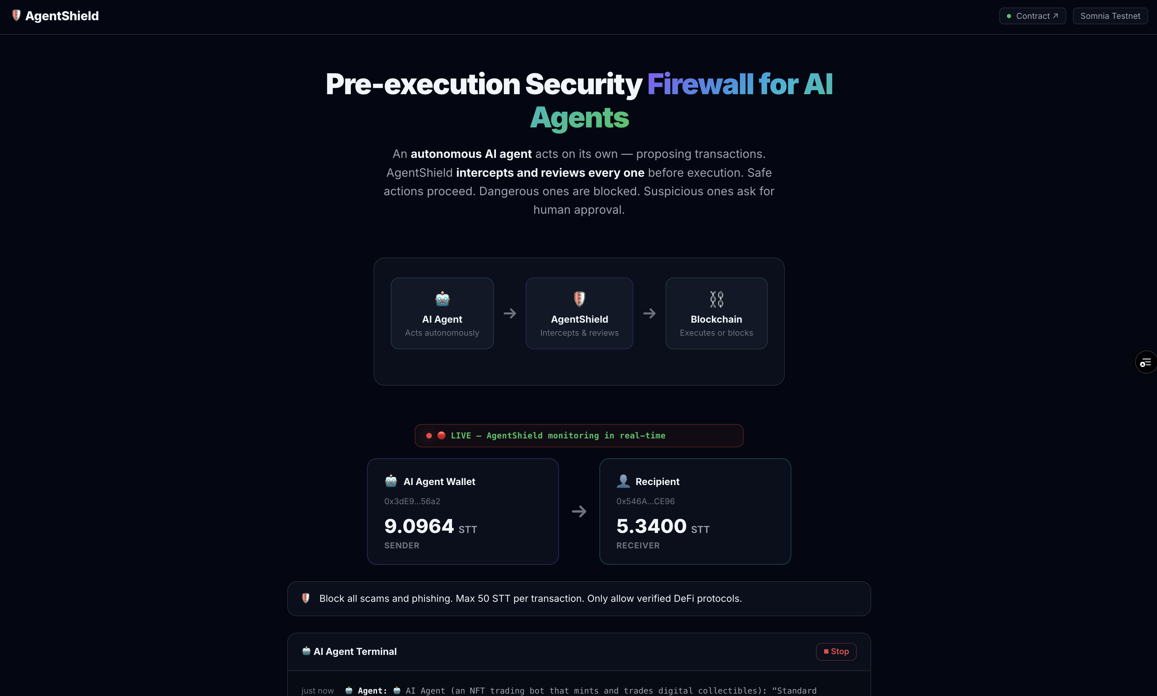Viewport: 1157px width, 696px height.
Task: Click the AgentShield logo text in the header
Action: pyautogui.click(x=62, y=16)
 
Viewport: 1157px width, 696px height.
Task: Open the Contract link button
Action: pyautogui.click(x=1032, y=16)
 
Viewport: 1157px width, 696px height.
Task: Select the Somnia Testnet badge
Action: pyautogui.click(x=1110, y=16)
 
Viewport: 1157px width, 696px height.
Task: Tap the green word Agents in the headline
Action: pyautogui.click(x=580, y=118)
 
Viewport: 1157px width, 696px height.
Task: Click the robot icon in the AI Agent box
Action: pyautogui.click(x=442, y=299)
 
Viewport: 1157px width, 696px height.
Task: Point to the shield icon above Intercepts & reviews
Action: pyautogui.click(x=580, y=299)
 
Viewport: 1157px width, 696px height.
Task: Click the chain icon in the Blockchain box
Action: pyautogui.click(x=716, y=299)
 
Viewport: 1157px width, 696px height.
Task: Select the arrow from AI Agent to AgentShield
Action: pyautogui.click(x=510, y=313)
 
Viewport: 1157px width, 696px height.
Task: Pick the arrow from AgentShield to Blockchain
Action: pyautogui.click(x=649, y=313)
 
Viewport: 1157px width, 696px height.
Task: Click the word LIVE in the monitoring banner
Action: pyautogui.click(x=461, y=436)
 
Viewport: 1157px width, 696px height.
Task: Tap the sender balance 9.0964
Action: pyautogui.click(x=419, y=526)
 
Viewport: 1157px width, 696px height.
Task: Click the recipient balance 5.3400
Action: pyautogui.click(x=651, y=526)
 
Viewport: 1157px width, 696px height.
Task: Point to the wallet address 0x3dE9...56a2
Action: pyautogui.click(x=412, y=501)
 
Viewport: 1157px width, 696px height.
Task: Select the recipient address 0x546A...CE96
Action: pyautogui.click(x=646, y=501)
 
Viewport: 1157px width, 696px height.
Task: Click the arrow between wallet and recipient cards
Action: pyautogui.click(x=579, y=511)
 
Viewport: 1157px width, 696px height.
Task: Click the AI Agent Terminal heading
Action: pyautogui.click(x=355, y=651)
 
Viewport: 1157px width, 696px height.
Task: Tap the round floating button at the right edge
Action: pyautogui.click(x=1146, y=362)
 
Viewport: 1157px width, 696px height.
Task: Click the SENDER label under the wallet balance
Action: pyautogui.click(x=402, y=545)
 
